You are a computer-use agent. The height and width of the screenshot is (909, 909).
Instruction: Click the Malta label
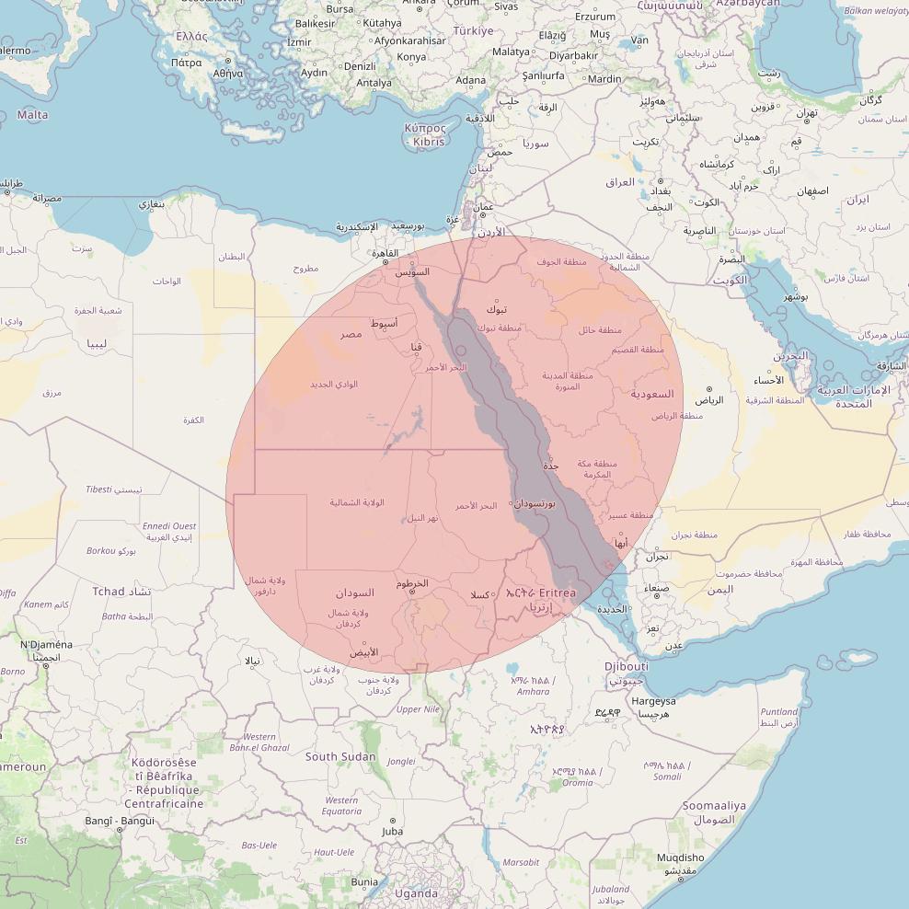[32, 115]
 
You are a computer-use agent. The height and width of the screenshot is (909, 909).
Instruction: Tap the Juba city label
[392, 832]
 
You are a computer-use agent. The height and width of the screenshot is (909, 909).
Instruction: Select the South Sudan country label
[340, 756]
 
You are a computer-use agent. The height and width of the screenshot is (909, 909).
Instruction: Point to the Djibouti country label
[627, 666]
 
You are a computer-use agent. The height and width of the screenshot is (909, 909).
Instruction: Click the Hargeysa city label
[653, 701]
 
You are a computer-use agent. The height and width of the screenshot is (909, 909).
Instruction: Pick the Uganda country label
[416, 893]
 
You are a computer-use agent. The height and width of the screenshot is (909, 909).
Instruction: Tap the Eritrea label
[558, 593]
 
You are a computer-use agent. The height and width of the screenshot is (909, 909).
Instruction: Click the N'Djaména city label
[46, 645]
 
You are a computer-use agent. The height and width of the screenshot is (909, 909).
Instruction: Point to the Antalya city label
[374, 83]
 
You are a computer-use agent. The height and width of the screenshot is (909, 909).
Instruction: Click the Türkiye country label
[471, 30]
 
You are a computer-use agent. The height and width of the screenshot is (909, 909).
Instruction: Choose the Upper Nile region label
[418, 709]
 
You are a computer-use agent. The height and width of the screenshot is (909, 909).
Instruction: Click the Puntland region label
[779, 711]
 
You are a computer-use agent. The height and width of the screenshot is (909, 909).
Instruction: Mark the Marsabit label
[522, 862]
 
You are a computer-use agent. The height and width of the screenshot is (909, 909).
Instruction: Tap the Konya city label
[411, 57]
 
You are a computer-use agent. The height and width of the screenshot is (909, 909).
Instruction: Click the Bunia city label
[364, 881]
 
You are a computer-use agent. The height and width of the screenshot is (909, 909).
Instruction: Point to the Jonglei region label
[401, 762]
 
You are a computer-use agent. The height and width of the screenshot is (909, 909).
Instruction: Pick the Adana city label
[470, 80]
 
